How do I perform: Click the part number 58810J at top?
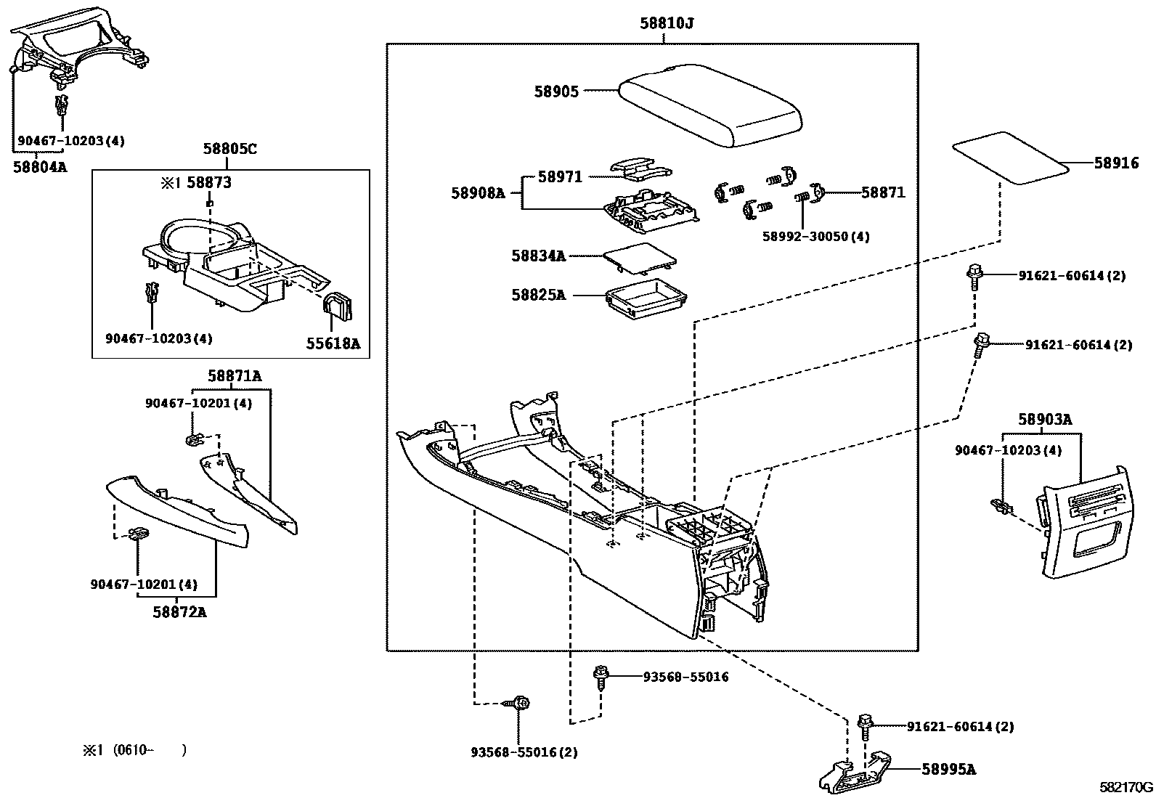pos(666,23)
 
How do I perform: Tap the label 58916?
pos(1116,163)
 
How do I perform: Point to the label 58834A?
pos(538,256)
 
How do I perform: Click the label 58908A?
pos(477,193)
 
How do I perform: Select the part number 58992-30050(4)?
pos(815,237)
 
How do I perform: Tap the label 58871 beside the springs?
pos(883,192)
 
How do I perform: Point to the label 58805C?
pos(229,150)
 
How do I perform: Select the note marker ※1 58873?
pos(196,183)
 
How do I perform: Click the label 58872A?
pos(179,611)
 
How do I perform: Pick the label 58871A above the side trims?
pos(234,375)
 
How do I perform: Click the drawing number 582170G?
pos(1126,787)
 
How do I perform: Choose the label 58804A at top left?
pos(39,166)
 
